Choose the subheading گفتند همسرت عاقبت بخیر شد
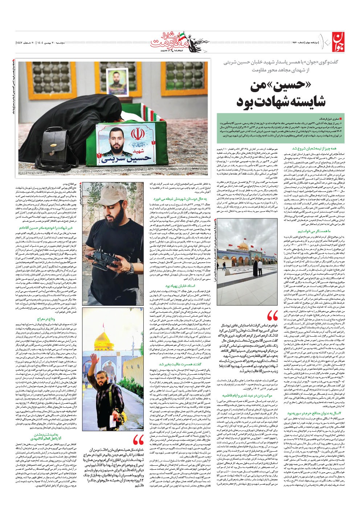178,364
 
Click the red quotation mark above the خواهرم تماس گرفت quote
273,318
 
